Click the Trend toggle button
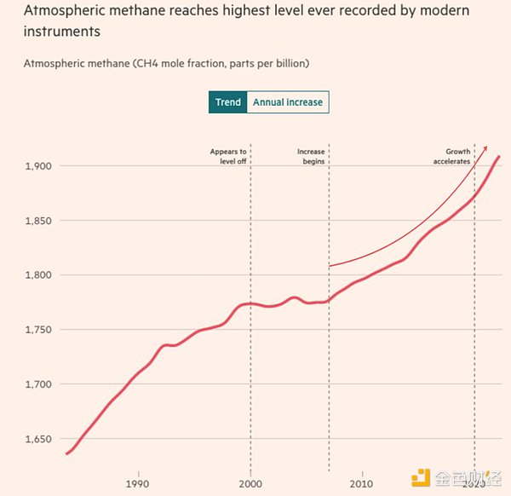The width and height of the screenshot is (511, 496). pos(227,102)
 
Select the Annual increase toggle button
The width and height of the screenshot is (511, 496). pos(287,102)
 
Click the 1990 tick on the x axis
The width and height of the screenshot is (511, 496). pos(137,484)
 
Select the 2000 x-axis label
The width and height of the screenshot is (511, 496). pos(250,484)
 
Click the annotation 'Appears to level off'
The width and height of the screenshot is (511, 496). pos(228,156)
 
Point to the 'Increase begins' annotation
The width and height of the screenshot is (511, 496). pos(311,156)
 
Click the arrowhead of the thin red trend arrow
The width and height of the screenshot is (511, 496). pos(485,147)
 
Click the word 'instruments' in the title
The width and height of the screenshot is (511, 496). pos(62,32)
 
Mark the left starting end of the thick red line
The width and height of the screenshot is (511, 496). pos(66,453)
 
